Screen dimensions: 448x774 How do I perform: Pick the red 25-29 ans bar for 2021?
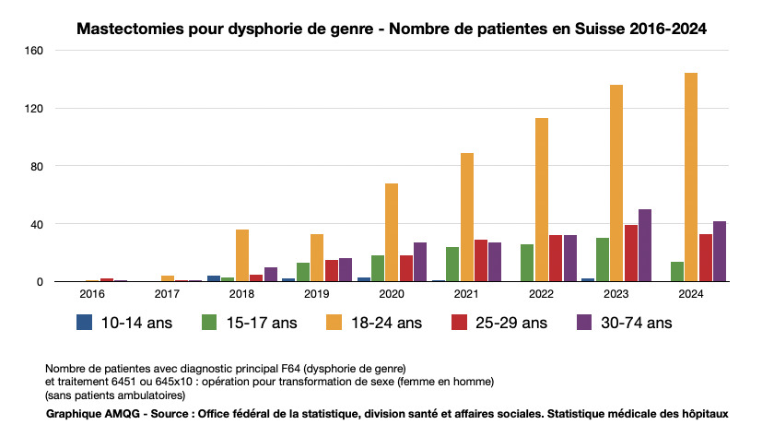pyautogui.click(x=480, y=261)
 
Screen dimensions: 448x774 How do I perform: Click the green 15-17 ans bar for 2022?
pyautogui.click(x=527, y=263)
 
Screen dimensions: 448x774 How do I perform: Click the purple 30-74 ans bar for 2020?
pyautogui.click(x=420, y=262)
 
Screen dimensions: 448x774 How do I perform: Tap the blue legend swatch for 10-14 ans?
pyautogui.click(x=85, y=322)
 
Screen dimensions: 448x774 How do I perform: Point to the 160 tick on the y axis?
pyautogui.click(x=35, y=51)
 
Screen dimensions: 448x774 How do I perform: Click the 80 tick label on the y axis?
pyautogui.click(x=38, y=166)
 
